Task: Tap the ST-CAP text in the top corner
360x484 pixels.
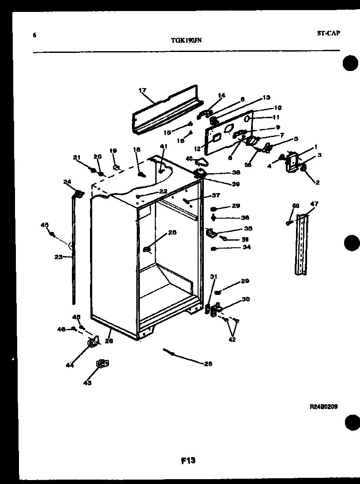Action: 329,33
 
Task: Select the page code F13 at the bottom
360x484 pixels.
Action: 188,461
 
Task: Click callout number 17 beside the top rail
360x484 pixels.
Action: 142,91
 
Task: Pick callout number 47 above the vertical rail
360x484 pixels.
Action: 314,204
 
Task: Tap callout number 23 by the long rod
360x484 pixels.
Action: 58,258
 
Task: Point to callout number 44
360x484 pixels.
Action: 69,365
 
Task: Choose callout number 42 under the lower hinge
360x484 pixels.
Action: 232,339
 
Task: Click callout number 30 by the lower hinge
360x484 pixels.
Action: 246,299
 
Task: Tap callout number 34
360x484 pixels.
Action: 247,247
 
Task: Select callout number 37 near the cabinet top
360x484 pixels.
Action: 216,195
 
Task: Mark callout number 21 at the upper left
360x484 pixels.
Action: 77,157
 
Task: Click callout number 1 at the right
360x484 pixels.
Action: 316,146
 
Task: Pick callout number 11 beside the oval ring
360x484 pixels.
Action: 276,117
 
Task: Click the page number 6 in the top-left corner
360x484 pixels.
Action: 34,35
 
